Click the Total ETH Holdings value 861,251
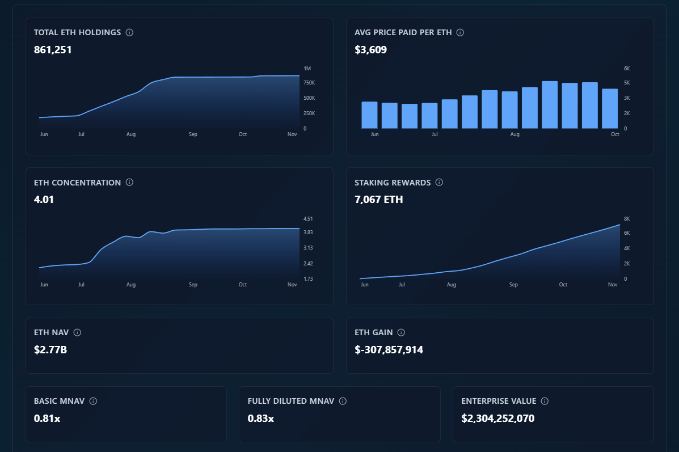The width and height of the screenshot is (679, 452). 53,50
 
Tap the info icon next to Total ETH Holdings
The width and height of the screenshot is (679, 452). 129,32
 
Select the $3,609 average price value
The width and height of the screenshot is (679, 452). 370,50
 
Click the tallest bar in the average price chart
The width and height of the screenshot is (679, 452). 550,105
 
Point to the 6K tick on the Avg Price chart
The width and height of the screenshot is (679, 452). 627,68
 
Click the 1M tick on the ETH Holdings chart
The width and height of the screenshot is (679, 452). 307,68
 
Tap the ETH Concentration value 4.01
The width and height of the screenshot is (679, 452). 44,200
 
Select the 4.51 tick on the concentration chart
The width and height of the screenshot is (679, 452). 308,219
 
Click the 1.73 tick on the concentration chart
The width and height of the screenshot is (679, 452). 308,279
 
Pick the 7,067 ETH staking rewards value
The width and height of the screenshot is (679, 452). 378,200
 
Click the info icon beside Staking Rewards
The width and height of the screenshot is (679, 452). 439,183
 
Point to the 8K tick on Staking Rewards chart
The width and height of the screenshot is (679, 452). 627,219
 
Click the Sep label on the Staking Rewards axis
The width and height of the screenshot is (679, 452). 513,285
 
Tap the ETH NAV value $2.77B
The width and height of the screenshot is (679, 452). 50,350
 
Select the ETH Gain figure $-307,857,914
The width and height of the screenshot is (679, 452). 389,350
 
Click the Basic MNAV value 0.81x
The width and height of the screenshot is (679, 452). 47,419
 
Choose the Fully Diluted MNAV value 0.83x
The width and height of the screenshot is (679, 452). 261,419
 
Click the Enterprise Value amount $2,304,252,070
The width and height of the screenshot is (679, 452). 497,419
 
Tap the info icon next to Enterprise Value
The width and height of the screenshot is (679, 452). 545,401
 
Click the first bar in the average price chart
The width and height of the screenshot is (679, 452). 369,115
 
